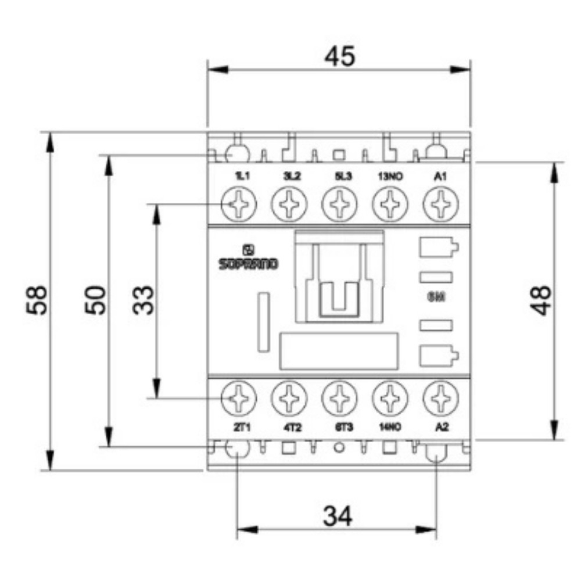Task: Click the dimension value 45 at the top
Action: click(x=339, y=56)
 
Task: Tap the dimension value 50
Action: click(x=96, y=300)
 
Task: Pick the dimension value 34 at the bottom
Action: click(x=338, y=515)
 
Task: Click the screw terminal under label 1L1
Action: click(x=239, y=205)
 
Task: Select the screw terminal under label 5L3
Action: click(x=339, y=205)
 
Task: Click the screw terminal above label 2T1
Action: click(x=239, y=398)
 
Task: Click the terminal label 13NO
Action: click(x=390, y=177)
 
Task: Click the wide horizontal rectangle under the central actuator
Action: click(x=339, y=351)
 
